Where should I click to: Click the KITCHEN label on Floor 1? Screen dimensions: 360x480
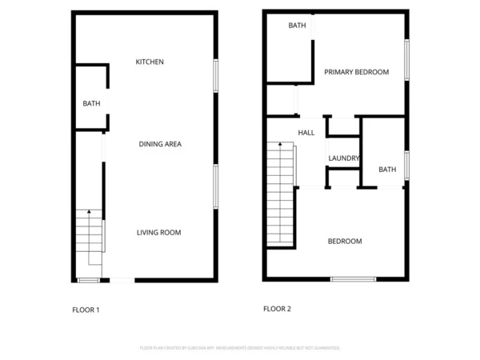click(150, 62)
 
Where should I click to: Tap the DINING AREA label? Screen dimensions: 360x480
click(160, 144)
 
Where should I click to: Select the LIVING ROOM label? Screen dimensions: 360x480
click(158, 233)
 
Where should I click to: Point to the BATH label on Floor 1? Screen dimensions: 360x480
click(91, 103)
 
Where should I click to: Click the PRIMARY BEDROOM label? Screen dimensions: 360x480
click(356, 72)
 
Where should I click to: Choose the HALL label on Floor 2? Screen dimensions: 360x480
click(306, 133)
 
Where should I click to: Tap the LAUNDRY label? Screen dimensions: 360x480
click(344, 158)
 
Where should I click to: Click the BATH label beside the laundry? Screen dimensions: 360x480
click(387, 170)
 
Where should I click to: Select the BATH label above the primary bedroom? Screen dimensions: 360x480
click(297, 26)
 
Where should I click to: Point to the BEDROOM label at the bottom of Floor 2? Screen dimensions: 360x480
click(345, 241)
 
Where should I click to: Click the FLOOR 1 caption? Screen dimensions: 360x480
click(86, 310)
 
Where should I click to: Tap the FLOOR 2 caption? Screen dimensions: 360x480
click(278, 308)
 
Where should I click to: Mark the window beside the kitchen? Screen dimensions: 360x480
click(215, 75)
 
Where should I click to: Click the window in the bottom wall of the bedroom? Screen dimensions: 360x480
click(353, 279)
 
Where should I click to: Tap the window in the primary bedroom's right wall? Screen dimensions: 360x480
click(407, 60)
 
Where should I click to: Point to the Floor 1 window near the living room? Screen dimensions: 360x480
click(215, 186)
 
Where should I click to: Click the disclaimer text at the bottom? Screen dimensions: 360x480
click(240, 348)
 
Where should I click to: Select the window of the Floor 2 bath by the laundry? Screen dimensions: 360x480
click(407, 165)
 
